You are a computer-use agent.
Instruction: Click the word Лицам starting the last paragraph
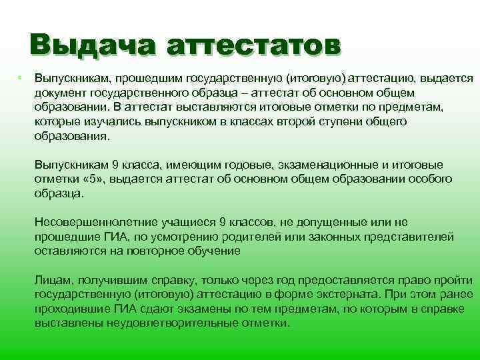tap(50, 280)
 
